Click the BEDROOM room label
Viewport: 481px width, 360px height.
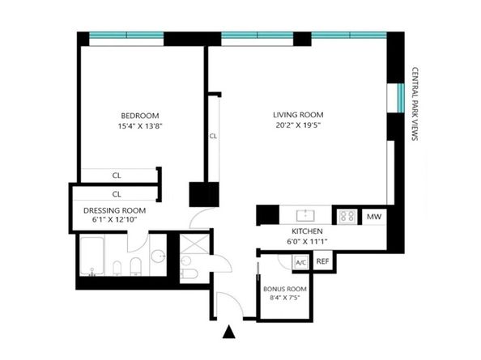click(x=140, y=116)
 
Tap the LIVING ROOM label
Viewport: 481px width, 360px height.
click(x=298, y=115)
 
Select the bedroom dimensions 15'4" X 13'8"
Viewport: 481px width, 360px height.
click(x=140, y=126)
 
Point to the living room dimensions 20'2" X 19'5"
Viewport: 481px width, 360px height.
click(x=298, y=125)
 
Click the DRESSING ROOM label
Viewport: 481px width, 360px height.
click(x=114, y=210)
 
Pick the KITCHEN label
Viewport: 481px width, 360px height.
click(x=307, y=231)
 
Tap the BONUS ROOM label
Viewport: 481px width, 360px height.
click(x=285, y=289)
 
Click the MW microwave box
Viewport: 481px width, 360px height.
click(x=374, y=217)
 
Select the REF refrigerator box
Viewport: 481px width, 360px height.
click(x=323, y=261)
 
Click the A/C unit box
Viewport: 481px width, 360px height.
click(x=300, y=263)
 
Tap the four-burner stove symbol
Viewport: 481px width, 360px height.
click(x=347, y=216)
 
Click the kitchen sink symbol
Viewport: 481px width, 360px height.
click(x=305, y=215)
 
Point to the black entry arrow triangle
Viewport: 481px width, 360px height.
click(x=229, y=332)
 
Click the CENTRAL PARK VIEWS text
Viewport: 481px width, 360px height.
click(x=415, y=104)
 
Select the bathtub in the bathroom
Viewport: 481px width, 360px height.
click(x=92, y=256)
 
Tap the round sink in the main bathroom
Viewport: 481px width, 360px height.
click(x=158, y=256)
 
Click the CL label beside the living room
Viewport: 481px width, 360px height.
click(x=213, y=136)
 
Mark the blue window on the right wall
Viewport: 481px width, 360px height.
click(x=401, y=98)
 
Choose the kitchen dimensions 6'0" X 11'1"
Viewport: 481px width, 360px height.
click(x=307, y=241)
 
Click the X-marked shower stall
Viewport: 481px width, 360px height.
click(x=195, y=244)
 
